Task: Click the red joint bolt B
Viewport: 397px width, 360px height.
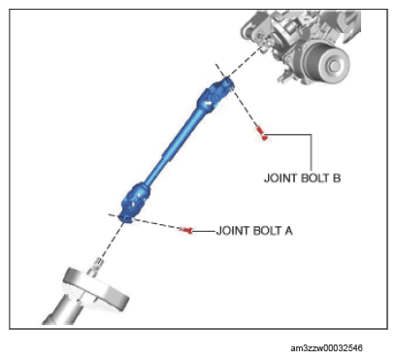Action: coord(262,133)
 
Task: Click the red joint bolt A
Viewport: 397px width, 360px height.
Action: coord(187,230)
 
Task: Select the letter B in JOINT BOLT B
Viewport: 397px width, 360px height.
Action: coord(337,179)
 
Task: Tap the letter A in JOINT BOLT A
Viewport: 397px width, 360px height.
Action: coord(288,231)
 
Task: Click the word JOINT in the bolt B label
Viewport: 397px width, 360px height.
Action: coord(281,179)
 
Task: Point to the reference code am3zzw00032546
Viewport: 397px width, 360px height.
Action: coord(326,348)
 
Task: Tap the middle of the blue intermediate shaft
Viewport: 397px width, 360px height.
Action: coord(175,147)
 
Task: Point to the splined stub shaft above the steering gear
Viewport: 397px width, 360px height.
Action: coord(96,266)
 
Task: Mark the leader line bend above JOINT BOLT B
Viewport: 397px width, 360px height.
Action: coord(312,135)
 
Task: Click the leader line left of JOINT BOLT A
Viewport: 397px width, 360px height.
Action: coord(204,231)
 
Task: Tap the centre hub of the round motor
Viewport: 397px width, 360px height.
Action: coord(334,66)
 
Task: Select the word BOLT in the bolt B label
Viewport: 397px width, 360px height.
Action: coord(314,179)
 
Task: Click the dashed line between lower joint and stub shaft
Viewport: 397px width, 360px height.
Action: coord(112,241)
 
